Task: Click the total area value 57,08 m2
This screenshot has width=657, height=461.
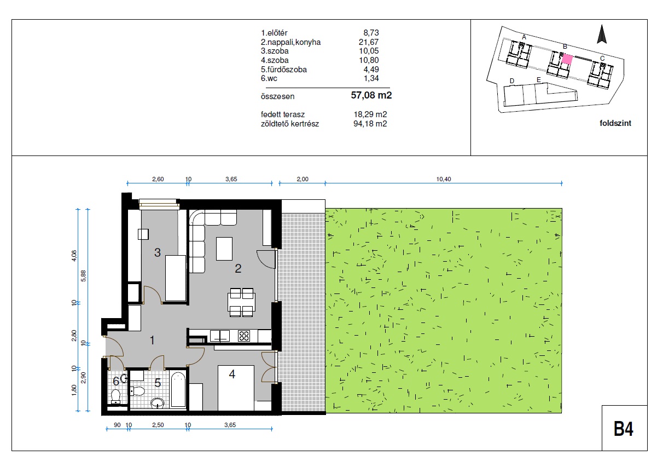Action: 371,95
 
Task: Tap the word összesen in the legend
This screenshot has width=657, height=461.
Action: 277,96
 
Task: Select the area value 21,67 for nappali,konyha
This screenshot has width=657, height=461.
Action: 369,42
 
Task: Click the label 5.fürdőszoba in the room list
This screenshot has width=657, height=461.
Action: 283,70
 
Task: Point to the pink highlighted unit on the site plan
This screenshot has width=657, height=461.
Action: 567,59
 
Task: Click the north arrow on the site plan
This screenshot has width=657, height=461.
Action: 602,34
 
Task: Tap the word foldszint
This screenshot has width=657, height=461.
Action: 615,123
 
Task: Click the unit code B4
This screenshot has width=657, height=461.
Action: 623,429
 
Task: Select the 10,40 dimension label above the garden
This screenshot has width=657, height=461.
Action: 444,179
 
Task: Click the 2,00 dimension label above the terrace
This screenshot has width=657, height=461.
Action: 303,179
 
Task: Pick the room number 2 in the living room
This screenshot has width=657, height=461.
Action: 238,268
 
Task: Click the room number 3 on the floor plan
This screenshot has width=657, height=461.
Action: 158,252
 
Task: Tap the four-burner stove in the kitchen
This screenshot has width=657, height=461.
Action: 244,336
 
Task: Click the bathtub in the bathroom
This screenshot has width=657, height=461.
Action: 178,389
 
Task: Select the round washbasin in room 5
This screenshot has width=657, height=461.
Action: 158,403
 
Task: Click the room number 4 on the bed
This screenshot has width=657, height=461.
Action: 232,374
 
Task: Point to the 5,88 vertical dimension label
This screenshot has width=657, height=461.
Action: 84,276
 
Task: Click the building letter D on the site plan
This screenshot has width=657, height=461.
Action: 512,81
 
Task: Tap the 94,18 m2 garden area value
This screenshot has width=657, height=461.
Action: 370,124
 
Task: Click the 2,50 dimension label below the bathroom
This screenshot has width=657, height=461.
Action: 158,425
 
